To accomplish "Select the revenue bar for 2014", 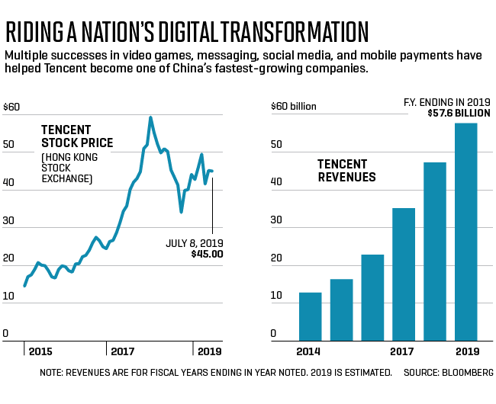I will point(310,316).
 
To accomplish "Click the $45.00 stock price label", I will point(207,254).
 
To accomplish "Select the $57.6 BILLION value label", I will point(458,113).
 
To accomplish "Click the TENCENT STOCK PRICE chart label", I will point(76,136).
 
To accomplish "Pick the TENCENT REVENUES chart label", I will point(346,171).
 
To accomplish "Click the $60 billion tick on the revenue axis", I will point(293,106).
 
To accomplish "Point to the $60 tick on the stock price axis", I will point(11,106).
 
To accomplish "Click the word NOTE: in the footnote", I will point(53,373).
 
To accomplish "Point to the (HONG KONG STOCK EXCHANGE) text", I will point(69,168).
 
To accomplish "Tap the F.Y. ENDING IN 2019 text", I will point(446,101).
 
